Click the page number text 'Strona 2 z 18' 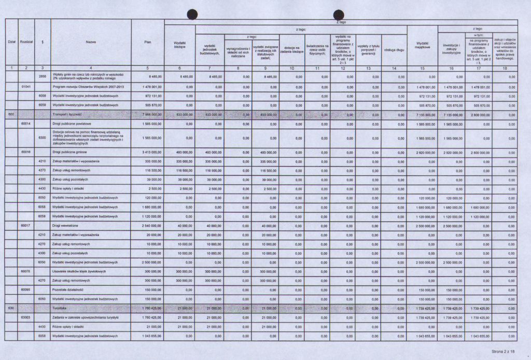tap(505, 352)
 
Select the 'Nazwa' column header tap(91, 42)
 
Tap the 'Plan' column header tap(148, 42)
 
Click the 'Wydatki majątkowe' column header tap(422, 45)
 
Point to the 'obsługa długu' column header tap(394, 50)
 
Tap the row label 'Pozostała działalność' tap(67, 289)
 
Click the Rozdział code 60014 tap(26, 124)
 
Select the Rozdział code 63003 tap(26, 317)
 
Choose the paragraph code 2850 tap(43, 76)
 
